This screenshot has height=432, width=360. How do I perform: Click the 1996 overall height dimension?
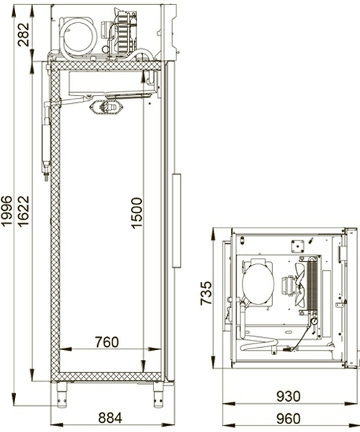tap(6, 211)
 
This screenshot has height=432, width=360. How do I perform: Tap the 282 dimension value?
tap(23, 35)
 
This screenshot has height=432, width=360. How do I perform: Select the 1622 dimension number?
tap(23, 211)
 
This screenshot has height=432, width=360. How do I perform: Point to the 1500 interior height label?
tap(137, 213)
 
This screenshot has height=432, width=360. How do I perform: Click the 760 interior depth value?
tap(107, 342)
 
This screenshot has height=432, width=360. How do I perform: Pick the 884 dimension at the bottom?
tap(110, 418)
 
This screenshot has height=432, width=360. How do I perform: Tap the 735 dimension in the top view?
tap(207, 293)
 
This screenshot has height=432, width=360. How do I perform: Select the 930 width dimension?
tap(289, 397)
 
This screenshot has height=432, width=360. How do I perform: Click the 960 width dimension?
tap(289, 419)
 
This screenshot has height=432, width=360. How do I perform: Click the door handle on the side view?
tap(176, 220)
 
